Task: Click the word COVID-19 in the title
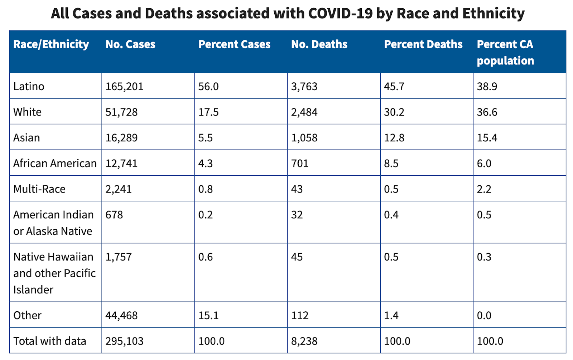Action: (x=340, y=13)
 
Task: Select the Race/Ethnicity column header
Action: (x=51, y=44)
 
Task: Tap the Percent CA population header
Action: (x=505, y=52)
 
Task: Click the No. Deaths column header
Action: (x=319, y=44)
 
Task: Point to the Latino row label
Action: (x=29, y=86)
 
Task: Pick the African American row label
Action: (x=55, y=163)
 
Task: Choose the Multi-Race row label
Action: (x=39, y=189)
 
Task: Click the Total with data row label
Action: (x=50, y=341)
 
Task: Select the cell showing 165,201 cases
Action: (x=124, y=86)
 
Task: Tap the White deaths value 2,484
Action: (x=304, y=112)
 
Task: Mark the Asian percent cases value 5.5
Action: (x=206, y=138)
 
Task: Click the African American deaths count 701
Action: (x=300, y=163)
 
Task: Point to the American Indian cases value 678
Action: (x=114, y=214)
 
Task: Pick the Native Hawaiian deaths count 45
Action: (x=297, y=257)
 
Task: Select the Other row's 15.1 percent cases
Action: (x=208, y=315)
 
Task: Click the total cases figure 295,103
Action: (x=124, y=341)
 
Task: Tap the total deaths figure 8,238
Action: (x=304, y=341)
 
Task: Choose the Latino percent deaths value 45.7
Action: (x=394, y=86)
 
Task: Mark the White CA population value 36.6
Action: (x=487, y=112)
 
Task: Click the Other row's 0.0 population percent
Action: (x=484, y=315)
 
